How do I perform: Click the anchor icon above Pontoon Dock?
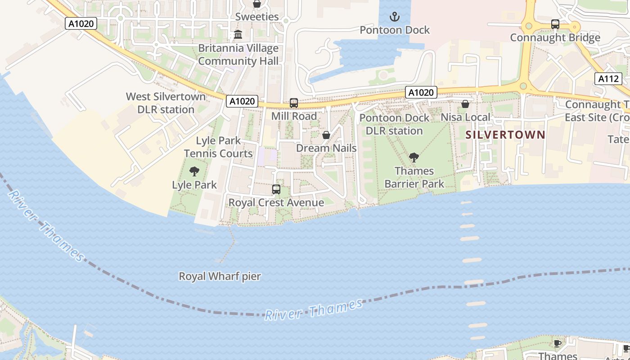point(394,17)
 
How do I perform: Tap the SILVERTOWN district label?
point(505,135)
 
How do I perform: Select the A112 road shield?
point(608,79)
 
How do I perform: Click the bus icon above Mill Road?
point(294,103)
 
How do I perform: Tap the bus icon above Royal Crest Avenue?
point(276,189)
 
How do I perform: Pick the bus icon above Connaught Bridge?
point(555,24)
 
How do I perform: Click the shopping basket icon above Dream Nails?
point(326,135)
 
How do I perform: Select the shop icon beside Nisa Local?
point(465,104)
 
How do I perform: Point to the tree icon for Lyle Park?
point(194,171)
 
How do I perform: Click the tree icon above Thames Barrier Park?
point(414,157)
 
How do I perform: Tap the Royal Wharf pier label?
point(220,276)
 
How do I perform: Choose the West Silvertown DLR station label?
point(166,103)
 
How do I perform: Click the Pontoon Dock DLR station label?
point(394,124)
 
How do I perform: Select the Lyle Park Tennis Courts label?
point(218,147)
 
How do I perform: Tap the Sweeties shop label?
point(257,17)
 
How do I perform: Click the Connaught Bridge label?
point(555,37)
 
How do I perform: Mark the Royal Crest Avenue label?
point(276,202)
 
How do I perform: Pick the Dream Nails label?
point(326,148)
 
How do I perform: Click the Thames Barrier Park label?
point(414,177)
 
